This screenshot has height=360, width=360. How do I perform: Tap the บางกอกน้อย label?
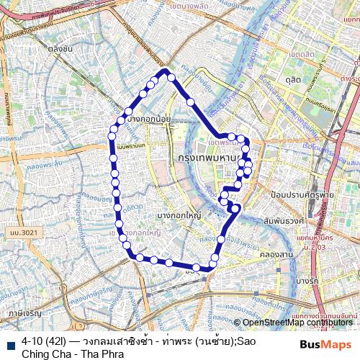(148, 120)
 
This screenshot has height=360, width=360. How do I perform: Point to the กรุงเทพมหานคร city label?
(210, 157)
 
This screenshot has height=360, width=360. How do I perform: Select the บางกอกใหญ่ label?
(179, 215)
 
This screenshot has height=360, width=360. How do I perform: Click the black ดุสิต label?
(292, 78)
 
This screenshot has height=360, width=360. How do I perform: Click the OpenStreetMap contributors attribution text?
(298, 323)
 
